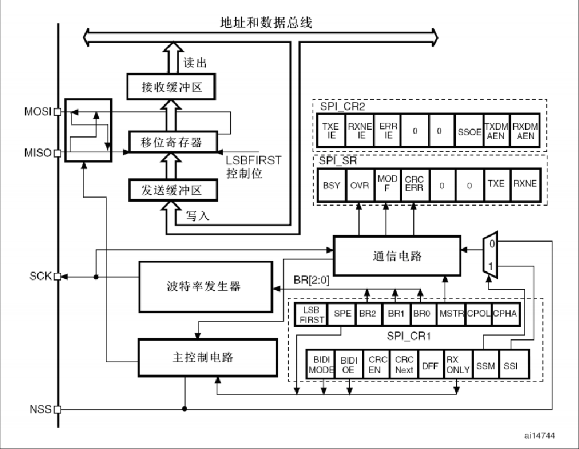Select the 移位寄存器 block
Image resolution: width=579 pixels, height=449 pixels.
(x=172, y=142)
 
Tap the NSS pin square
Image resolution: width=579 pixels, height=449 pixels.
(x=57, y=409)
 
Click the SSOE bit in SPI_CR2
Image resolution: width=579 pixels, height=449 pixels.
(x=470, y=131)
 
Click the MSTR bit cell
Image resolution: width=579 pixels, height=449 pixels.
(x=451, y=315)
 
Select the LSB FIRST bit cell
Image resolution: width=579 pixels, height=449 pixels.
(x=310, y=315)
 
